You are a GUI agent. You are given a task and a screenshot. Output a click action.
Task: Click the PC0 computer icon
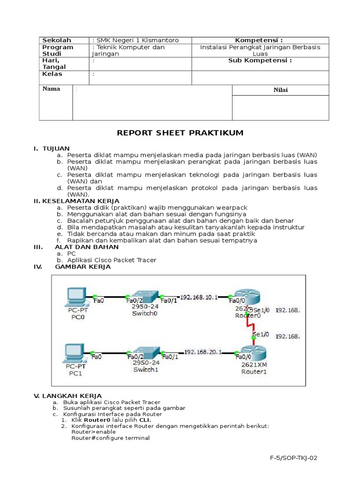(x=75, y=296)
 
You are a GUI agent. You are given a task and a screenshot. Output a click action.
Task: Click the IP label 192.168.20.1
(x=202, y=352)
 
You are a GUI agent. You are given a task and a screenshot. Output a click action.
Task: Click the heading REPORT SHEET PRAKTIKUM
(x=180, y=133)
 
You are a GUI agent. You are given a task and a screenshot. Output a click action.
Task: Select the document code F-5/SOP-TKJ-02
(x=294, y=457)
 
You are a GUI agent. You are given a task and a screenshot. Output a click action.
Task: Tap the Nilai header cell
(x=281, y=90)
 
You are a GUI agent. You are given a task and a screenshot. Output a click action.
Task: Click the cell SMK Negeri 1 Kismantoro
(x=135, y=40)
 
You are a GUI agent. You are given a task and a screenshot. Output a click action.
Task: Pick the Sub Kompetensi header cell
(x=260, y=60)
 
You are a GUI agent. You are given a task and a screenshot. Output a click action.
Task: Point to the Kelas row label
(x=52, y=74)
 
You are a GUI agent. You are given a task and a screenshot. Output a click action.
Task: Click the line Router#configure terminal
(x=110, y=438)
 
